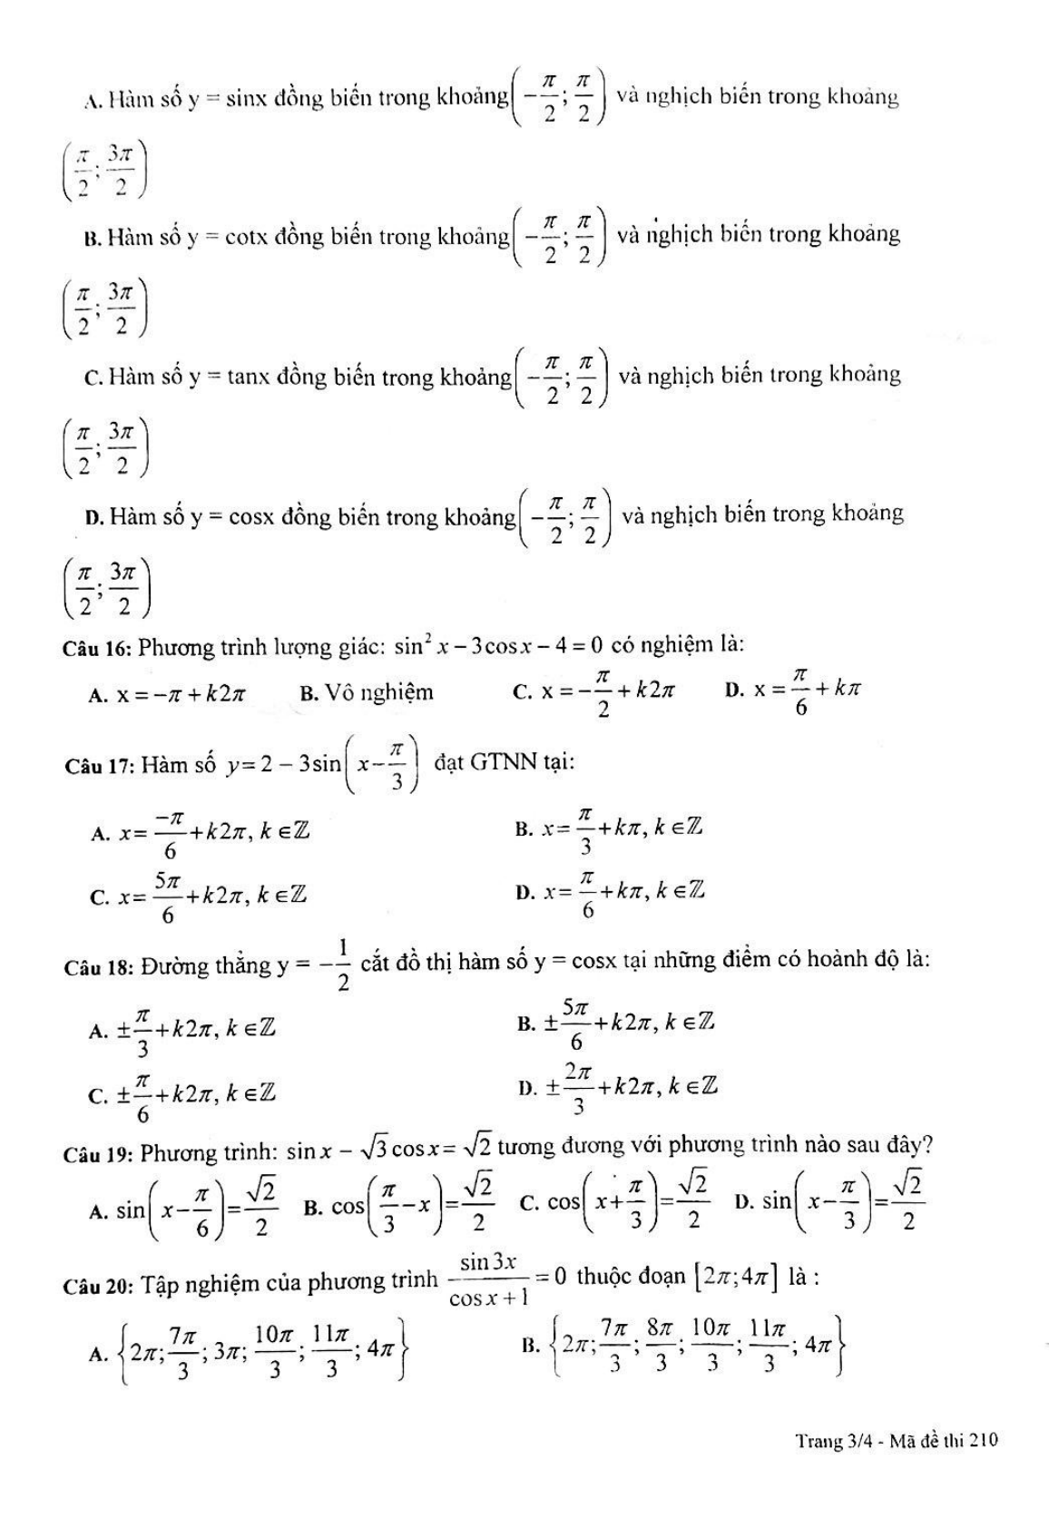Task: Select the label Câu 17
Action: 100,767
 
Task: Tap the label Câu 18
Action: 100,967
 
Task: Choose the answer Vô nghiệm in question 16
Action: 379,693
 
